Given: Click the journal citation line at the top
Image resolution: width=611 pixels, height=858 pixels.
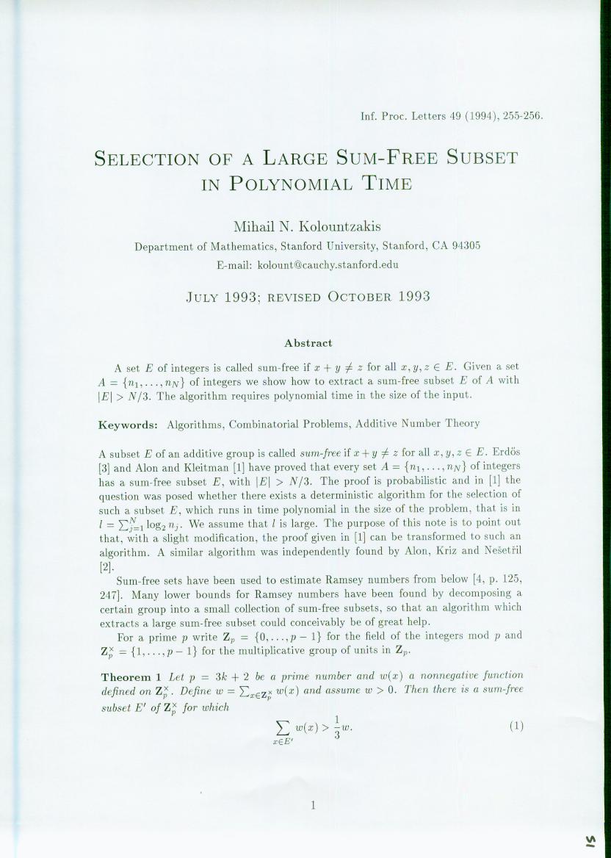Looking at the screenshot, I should [x=452, y=115].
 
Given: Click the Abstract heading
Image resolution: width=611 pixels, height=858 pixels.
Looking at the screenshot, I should [x=308, y=343].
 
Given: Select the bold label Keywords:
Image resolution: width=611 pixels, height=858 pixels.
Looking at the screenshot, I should [x=129, y=424].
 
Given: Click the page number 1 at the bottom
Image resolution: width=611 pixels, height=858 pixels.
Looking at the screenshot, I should [x=312, y=805].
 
